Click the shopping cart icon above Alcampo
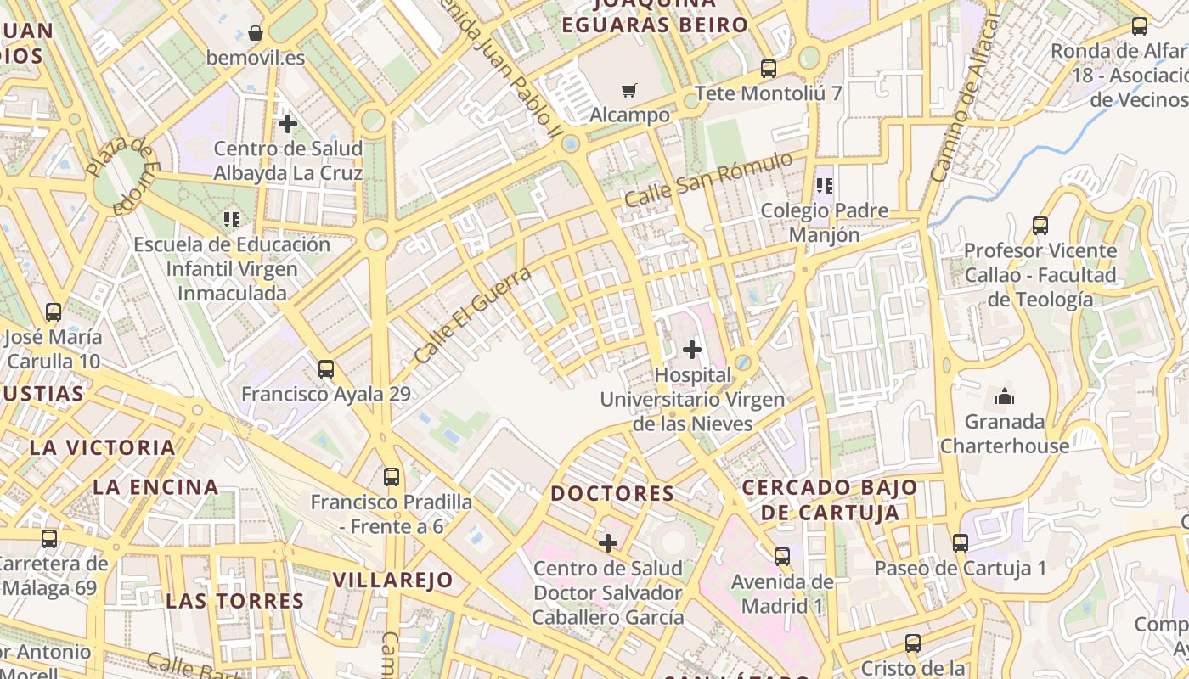[x=628, y=90]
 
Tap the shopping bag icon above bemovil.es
[x=256, y=34]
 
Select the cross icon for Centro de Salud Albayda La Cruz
[x=288, y=124]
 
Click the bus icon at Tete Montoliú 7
[x=769, y=69]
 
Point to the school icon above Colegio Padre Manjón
[x=824, y=185]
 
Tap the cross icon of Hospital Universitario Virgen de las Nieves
[x=692, y=349]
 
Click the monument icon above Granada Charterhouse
[x=1004, y=396]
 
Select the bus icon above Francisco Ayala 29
[x=325, y=369]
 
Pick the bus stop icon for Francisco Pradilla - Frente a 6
[x=391, y=477]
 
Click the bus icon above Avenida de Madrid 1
[x=782, y=557]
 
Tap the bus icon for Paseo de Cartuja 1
[x=961, y=543]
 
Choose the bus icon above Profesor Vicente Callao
[x=1040, y=226]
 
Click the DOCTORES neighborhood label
[x=612, y=493]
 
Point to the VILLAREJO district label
[x=392, y=581]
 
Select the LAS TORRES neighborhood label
[x=235, y=601]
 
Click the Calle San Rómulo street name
[x=708, y=179]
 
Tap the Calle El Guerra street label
[x=472, y=315]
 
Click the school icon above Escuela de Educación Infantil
[x=232, y=220]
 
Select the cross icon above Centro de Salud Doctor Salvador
[x=608, y=543]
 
